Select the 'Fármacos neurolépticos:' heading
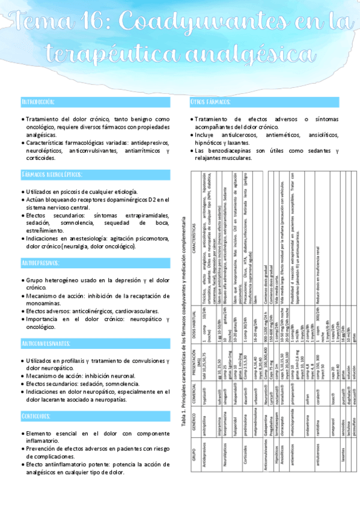[x=51, y=174]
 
